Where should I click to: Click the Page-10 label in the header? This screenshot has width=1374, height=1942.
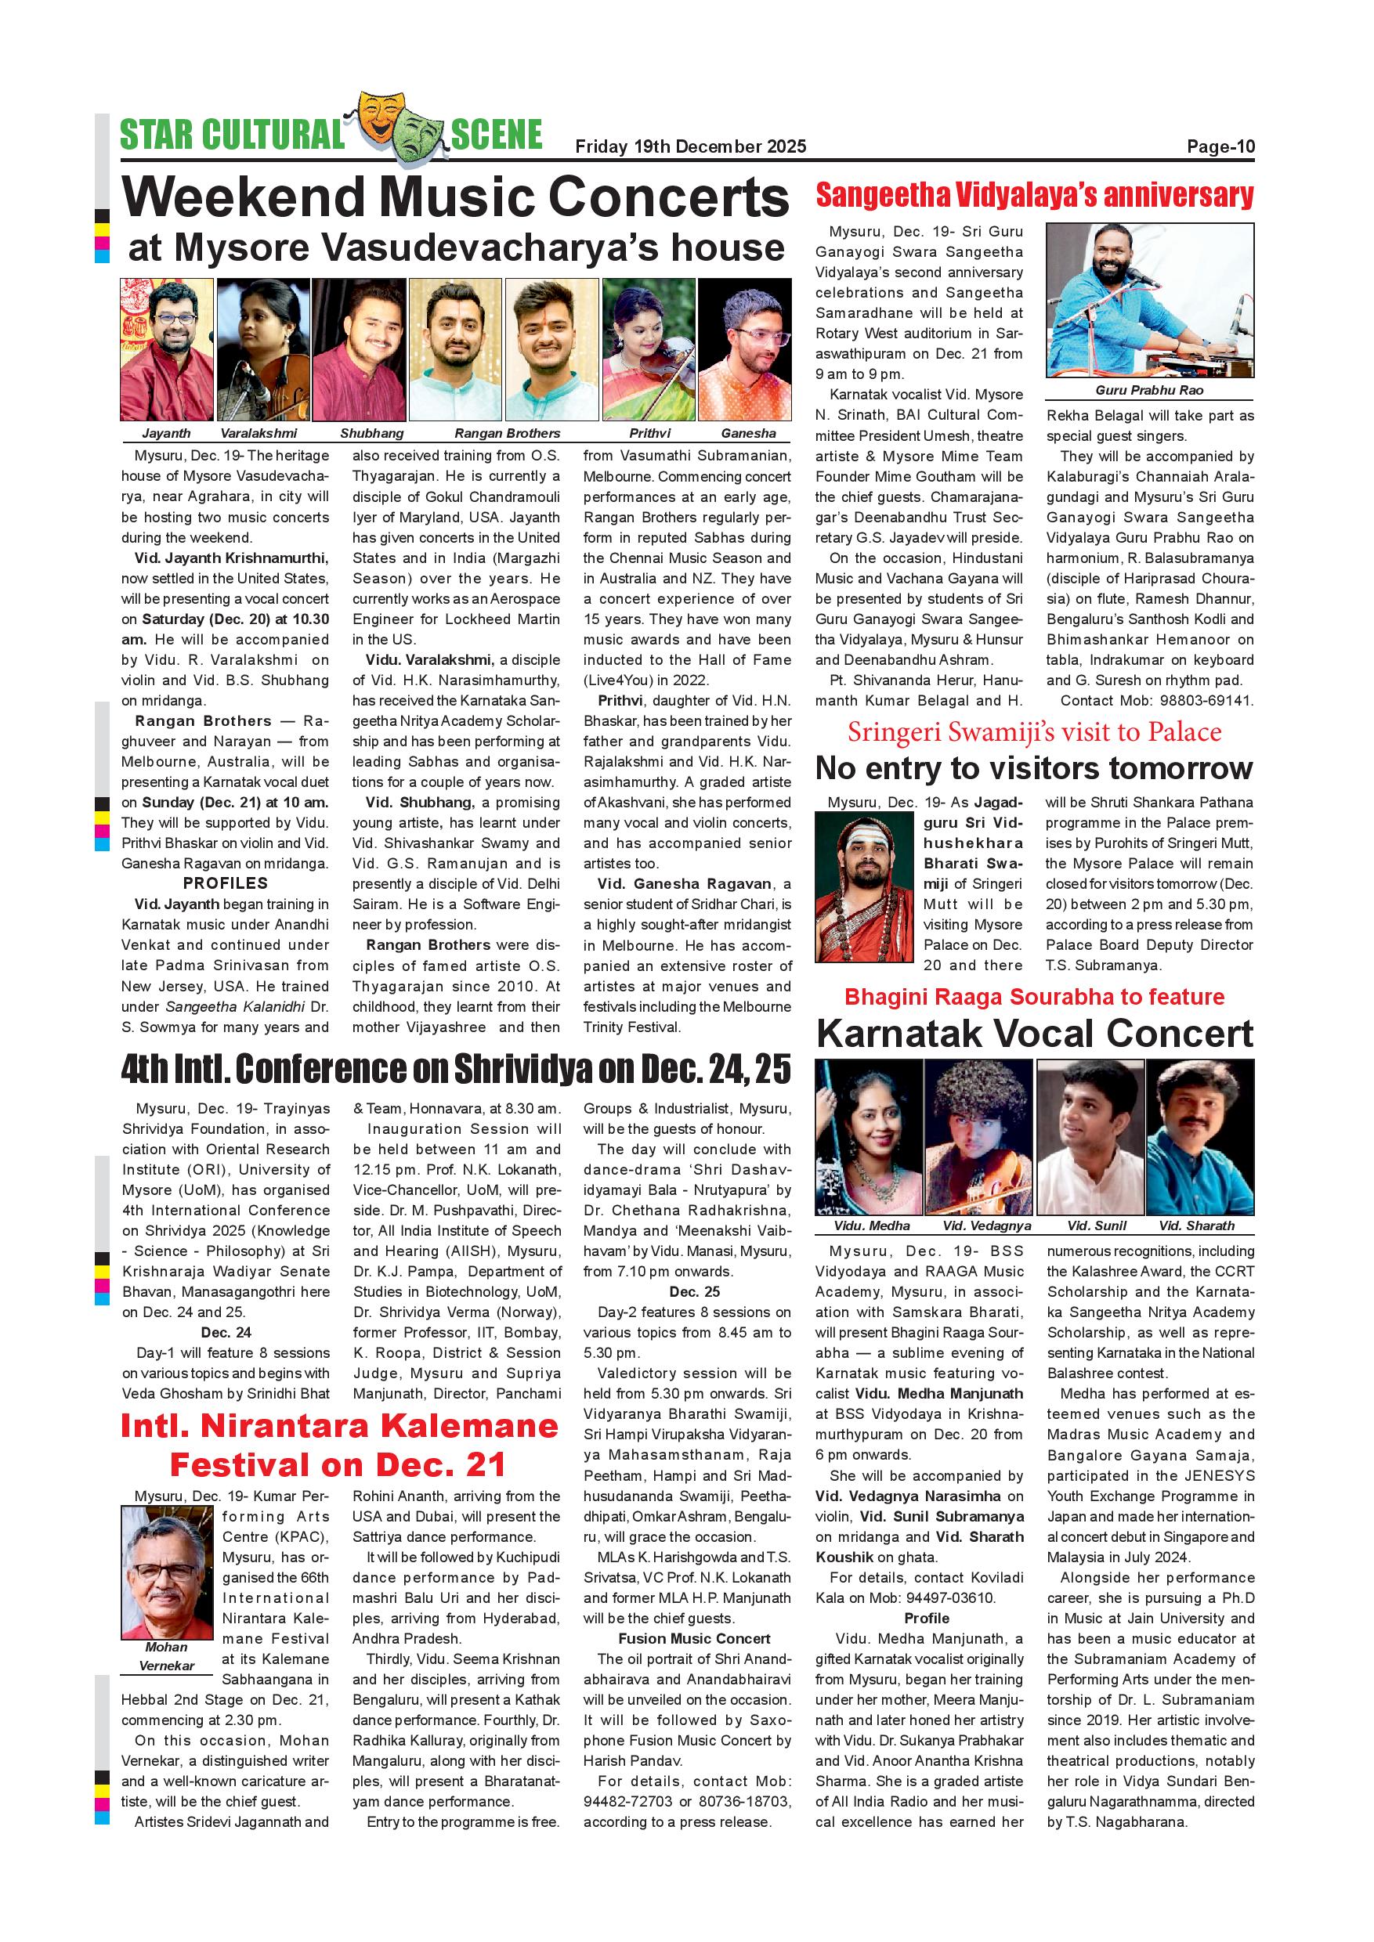pyautogui.click(x=1220, y=147)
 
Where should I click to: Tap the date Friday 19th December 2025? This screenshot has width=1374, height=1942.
pyautogui.click(x=690, y=147)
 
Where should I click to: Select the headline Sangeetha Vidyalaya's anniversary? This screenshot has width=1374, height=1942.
pyautogui.click(x=1034, y=196)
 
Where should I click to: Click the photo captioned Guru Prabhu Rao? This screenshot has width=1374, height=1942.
pyautogui.click(x=1150, y=300)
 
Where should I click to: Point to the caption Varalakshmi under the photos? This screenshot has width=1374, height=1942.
pyautogui.click(x=259, y=433)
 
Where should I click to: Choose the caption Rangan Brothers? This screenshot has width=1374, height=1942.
pyautogui.click(x=507, y=433)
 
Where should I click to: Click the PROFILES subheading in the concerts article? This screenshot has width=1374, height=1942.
pyautogui.click(x=225, y=883)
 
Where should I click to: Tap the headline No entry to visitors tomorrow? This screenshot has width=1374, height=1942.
pyautogui.click(x=1034, y=768)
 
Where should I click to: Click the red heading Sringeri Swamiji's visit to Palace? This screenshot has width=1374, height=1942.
pyautogui.click(x=1034, y=731)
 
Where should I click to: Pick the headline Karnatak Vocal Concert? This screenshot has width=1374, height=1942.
pyautogui.click(x=1034, y=1034)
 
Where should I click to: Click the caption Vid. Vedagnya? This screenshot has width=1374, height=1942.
pyautogui.click(x=986, y=1225)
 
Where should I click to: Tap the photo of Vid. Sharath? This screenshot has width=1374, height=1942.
pyautogui.click(x=1200, y=1137)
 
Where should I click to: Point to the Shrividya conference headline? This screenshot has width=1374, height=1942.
pyautogui.click(x=455, y=1069)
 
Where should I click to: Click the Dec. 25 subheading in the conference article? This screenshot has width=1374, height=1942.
pyautogui.click(x=695, y=1291)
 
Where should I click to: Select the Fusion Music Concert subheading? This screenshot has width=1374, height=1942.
pyautogui.click(x=695, y=1638)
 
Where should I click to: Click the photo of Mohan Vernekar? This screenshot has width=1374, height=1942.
pyautogui.click(x=168, y=1572)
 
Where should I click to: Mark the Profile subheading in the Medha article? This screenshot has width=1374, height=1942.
pyautogui.click(x=927, y=1618)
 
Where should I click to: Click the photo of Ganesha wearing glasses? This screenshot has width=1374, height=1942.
pyautogui.click(x=744, y=349)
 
